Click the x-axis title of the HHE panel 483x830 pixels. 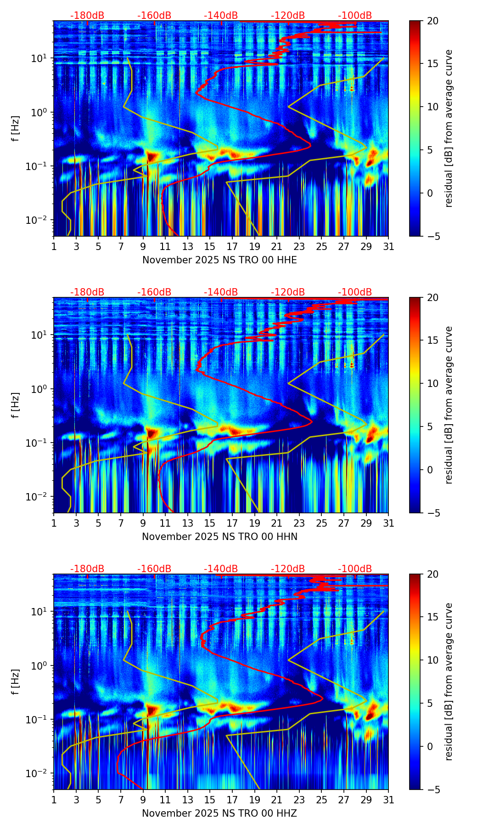219,260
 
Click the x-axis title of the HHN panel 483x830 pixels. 219,537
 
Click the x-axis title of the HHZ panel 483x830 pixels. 219,813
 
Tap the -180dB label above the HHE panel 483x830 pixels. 87,16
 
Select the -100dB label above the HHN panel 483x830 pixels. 355,292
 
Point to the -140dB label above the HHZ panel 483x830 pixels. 221,569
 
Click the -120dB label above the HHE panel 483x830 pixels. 288,16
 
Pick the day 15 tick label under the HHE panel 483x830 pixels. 210,247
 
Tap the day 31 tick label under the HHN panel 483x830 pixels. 388,523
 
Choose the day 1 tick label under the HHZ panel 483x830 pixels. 54,800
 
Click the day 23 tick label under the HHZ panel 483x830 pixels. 299,800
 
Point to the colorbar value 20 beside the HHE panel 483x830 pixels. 433,21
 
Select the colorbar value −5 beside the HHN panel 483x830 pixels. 433,513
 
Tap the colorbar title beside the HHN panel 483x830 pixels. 449,405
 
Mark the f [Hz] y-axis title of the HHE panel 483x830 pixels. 16,128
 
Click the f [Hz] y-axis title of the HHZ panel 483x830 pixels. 16,682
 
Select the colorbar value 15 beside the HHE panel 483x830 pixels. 433,64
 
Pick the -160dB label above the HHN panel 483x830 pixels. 154,292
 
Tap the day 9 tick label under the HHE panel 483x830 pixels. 143,247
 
